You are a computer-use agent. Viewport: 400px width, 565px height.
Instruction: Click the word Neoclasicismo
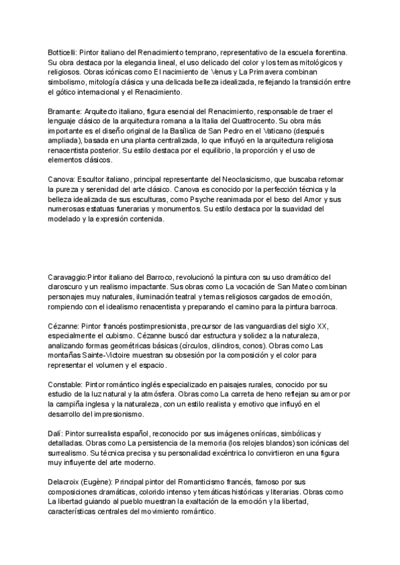coord(258,180)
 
